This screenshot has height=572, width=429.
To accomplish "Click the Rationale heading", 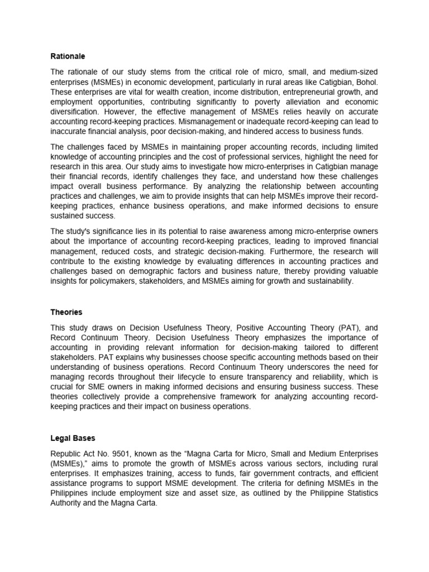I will (x=68, y=56).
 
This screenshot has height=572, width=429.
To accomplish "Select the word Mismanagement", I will (x=215, y=121).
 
